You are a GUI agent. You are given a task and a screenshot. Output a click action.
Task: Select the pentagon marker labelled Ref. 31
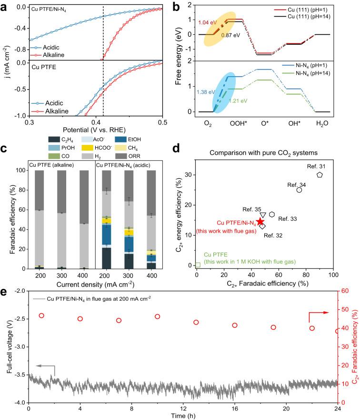(320, 175)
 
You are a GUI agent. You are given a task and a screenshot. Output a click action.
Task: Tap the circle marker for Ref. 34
(299, 190)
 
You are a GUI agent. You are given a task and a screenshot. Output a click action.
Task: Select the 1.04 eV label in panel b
(208, 22)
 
